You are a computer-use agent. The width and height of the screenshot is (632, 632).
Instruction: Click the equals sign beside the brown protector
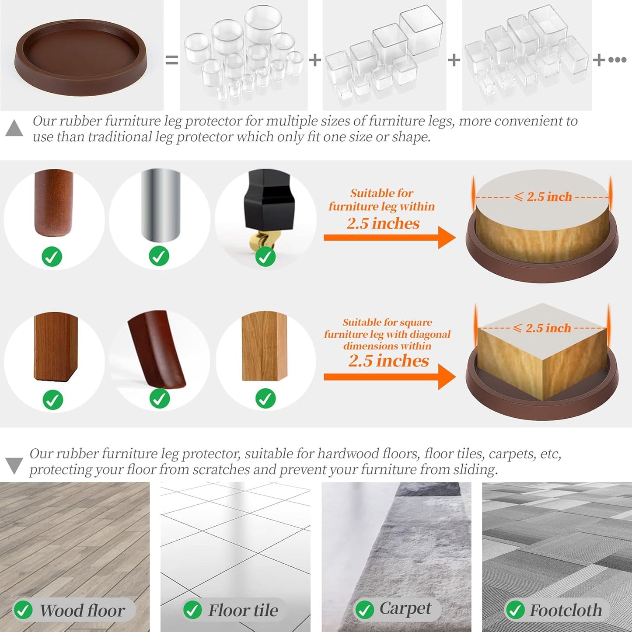pos(171,60)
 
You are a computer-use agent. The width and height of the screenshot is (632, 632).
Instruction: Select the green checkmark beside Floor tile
pos(192,610)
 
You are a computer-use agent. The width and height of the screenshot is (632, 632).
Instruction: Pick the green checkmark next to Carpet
pos(364,610)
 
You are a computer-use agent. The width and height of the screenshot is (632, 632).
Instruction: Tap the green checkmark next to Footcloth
pos(515,610)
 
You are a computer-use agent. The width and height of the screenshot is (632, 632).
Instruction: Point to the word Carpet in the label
pos(405,609)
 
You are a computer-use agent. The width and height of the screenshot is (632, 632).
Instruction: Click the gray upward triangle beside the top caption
pos(14,128)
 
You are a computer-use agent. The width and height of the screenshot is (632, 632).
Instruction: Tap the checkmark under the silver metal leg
pos(159,256)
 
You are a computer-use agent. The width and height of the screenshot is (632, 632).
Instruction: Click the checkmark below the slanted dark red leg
pos(160,399)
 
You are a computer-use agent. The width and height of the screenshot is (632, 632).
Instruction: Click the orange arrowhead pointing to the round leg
pos(447,238)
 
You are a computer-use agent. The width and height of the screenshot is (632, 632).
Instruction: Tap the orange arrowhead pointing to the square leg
pos(447,377)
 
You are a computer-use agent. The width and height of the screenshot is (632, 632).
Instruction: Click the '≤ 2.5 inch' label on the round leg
pos(543,197)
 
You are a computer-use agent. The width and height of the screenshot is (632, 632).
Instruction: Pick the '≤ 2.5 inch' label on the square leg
pos(542,328)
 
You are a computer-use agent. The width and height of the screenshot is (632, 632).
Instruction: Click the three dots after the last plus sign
pos(617,60)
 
